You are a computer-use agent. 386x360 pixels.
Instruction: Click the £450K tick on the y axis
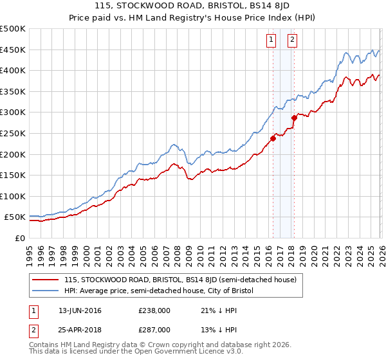pyautogui.click(x=13, y=50)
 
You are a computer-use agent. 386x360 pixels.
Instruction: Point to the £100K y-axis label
pyautogui.click(x=13, y=196)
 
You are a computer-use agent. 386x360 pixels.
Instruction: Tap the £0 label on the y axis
pyautogui.click(x=21, y=238)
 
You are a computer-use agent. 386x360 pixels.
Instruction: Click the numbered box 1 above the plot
pyautogui.click(x=271, y=40)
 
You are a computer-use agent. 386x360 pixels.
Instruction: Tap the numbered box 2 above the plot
pyautogui.click(x=292, y=40)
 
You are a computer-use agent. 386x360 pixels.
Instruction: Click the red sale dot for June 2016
pyautogui.click(x=273, y=138)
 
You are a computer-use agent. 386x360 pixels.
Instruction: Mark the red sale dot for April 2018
pyautogui.click(x=294, y=118)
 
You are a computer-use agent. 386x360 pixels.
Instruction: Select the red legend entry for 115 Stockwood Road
pyautogui.click(x=179, y=280)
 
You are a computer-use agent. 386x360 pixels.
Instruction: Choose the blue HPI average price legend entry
pyautogui.click(x=159, y=291)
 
